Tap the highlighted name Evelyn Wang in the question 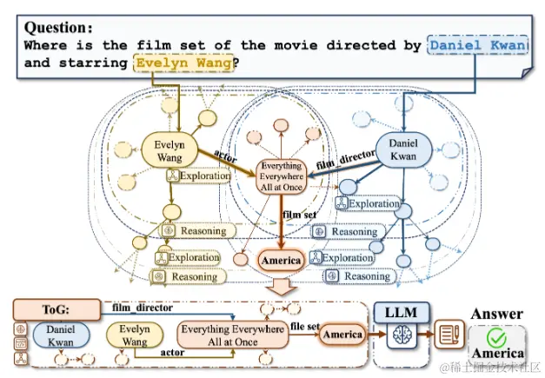point(185,63)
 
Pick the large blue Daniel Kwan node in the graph point(403,150)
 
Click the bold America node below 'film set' point(281,260)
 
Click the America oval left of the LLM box point(342,335)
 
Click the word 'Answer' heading point(497,314)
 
